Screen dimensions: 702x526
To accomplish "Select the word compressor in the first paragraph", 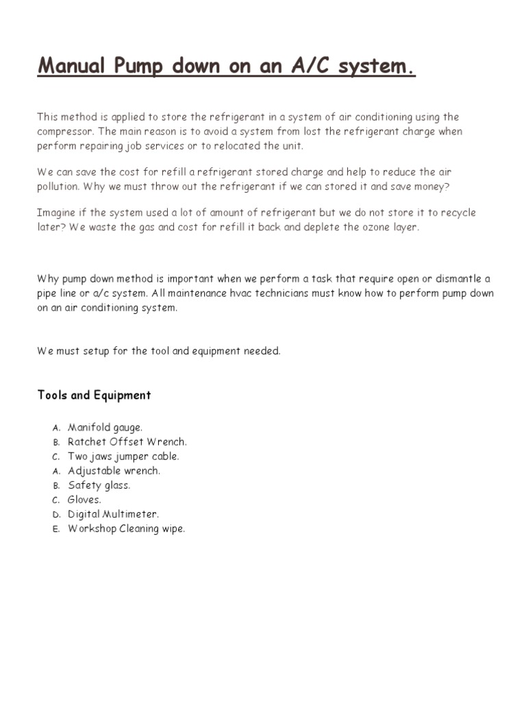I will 63,132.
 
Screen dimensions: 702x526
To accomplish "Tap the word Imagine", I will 56,213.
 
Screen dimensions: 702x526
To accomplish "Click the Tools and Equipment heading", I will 94,395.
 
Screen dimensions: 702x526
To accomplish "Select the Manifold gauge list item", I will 105,428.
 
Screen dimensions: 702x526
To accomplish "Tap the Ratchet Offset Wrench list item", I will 127,442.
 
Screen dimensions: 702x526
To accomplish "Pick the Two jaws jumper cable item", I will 123,457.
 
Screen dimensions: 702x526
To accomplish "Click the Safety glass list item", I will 99,485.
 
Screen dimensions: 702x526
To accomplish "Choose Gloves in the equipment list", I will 84,500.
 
